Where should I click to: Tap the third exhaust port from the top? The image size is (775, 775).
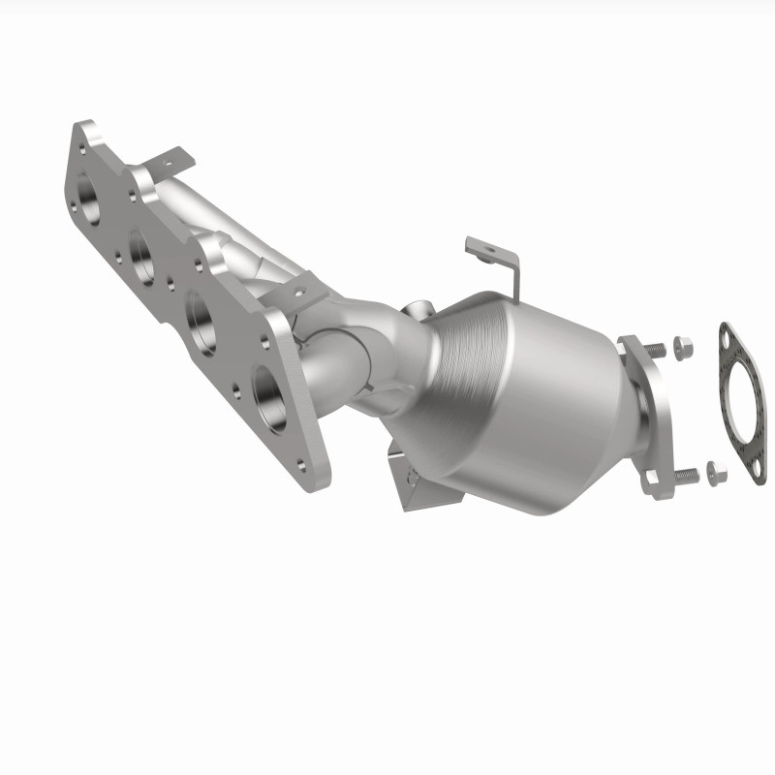(x=201, y=315)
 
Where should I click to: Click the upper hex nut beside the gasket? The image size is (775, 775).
(x=679, y=347)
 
